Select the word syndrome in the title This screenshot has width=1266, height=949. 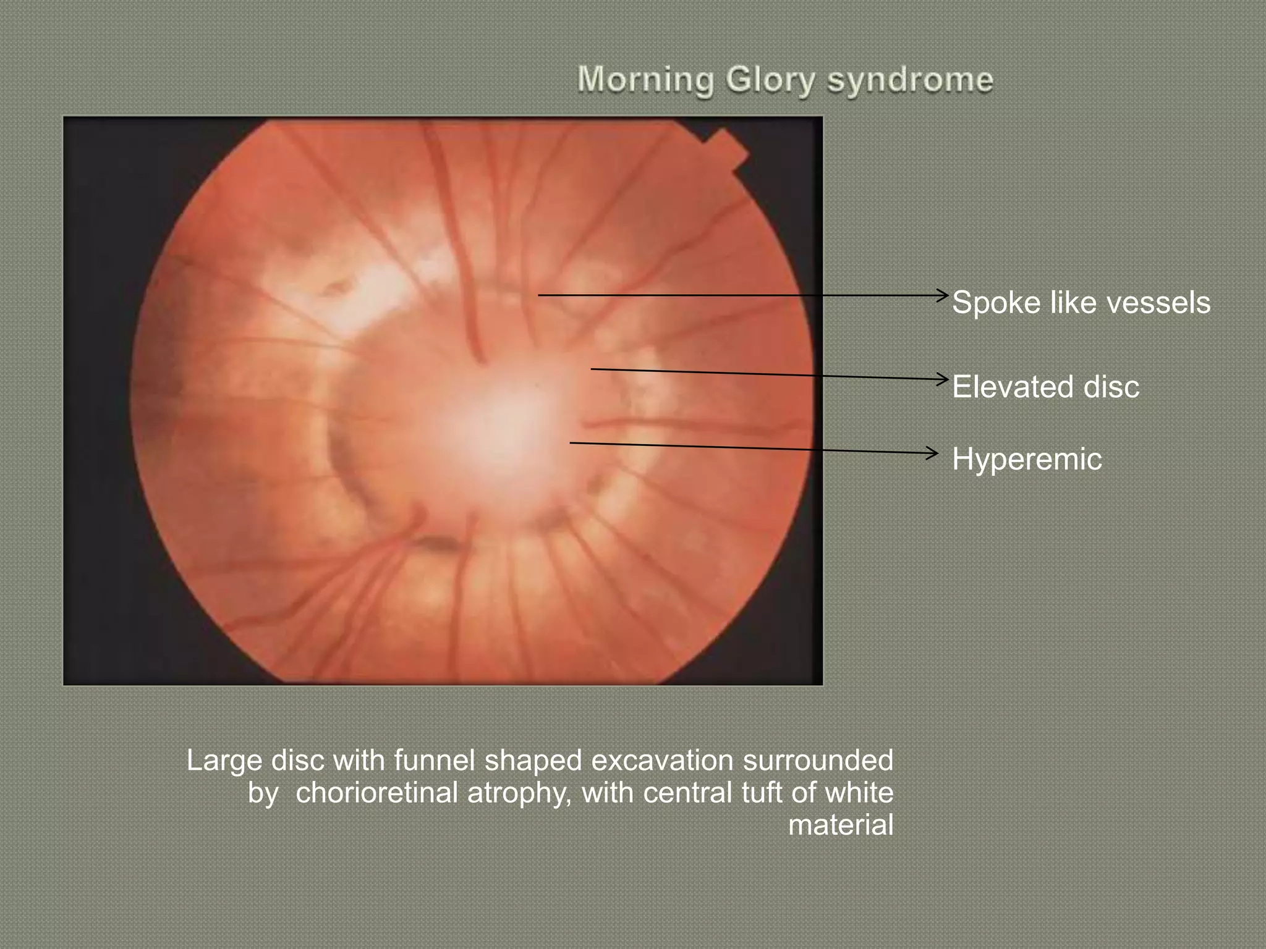pos(910,81)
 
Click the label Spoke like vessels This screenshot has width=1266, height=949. pos(1081,303)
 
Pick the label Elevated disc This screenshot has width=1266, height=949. pos(1045,387)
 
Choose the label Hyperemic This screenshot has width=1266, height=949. pos(1027,459)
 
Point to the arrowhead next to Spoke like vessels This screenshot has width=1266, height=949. pos(943,295)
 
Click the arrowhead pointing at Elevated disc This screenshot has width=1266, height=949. pos(943,379)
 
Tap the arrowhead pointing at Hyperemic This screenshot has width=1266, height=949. pos(933,453)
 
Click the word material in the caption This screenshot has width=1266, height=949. pos(841,825)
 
